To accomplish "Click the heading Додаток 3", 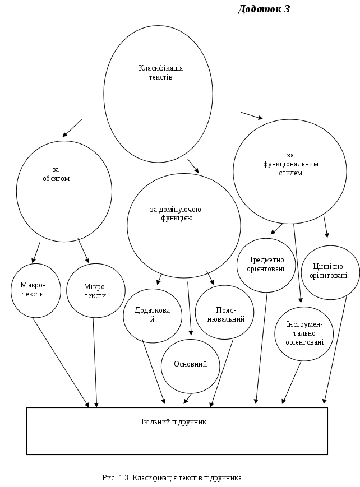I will pyautogui.click(x=264, y=9).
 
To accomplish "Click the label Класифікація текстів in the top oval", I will pyautogui.click(x=161, y=72).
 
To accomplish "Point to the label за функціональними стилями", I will pyautogui.click(x=290, y=164).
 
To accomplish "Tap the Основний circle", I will pyautogui.click(x=190, y=364).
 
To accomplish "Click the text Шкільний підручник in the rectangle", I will pyautogui.click(x=171, y=421).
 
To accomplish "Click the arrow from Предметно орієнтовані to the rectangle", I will pyautogui.click(x=261, y=347).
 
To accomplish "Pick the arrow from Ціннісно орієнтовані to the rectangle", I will pyautogui.click(x=333, y=347).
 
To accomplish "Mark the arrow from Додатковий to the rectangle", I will pyautogui.click(x=154, y=373).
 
